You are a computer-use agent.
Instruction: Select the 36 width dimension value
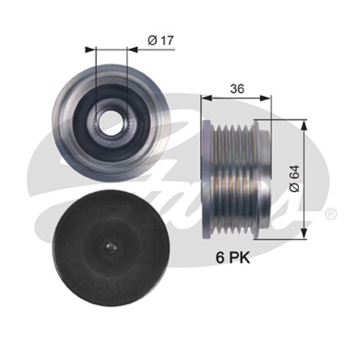236,88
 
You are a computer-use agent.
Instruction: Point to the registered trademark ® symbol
331,214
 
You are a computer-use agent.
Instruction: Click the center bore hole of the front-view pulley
111,119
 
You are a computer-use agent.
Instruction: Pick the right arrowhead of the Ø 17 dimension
135,50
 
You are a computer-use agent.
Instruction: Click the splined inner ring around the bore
111,130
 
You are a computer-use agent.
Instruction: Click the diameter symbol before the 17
151,40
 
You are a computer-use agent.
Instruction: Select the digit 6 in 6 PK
220,258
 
